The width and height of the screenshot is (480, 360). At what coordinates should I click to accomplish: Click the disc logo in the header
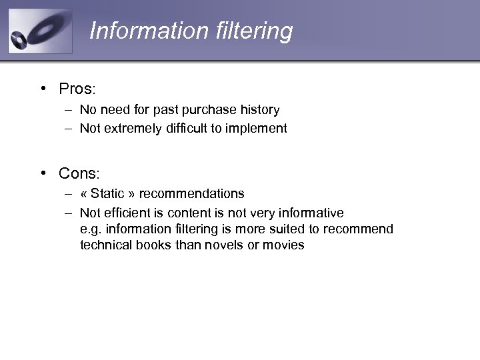(x=39, y=31)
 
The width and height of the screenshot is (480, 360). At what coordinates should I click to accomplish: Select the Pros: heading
(x=79, y=89)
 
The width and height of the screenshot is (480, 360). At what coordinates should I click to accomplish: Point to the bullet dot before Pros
(x=42, y=89)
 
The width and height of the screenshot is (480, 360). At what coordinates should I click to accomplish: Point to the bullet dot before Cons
(x=42, y=173)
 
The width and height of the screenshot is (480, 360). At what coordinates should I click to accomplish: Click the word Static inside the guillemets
(x=107, y=193)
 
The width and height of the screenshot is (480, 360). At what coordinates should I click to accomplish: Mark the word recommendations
(x=192, y=193)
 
